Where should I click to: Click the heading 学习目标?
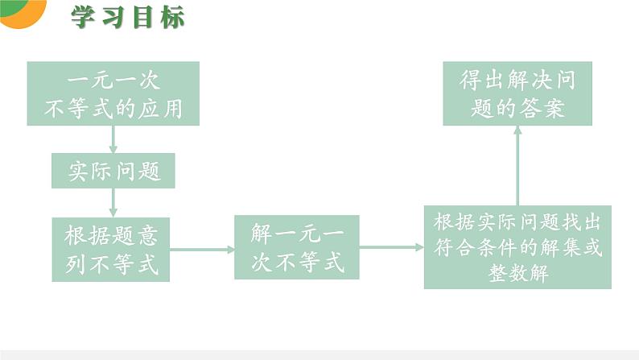tap(128, 17)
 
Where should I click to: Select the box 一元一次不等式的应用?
tap(113, 93)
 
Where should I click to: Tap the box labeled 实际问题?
tap(113, 171)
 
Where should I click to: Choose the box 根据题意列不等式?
tap(111, 249)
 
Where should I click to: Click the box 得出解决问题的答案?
tap(517, 93)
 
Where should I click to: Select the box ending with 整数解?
tap(517, 247)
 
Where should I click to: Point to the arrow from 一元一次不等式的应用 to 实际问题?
tap(113, 139)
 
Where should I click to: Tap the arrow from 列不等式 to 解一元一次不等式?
tap(201, 249)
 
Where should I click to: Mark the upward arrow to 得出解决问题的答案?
tap(517, 165)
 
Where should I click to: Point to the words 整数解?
tap(517, 273)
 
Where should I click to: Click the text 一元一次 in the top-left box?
tap(113, 81)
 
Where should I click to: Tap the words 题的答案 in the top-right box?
tap(517, 107)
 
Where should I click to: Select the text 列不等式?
tap(112, 263)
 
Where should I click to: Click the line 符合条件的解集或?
tap(517, 247)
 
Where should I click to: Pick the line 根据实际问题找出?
tap(517, 221)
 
